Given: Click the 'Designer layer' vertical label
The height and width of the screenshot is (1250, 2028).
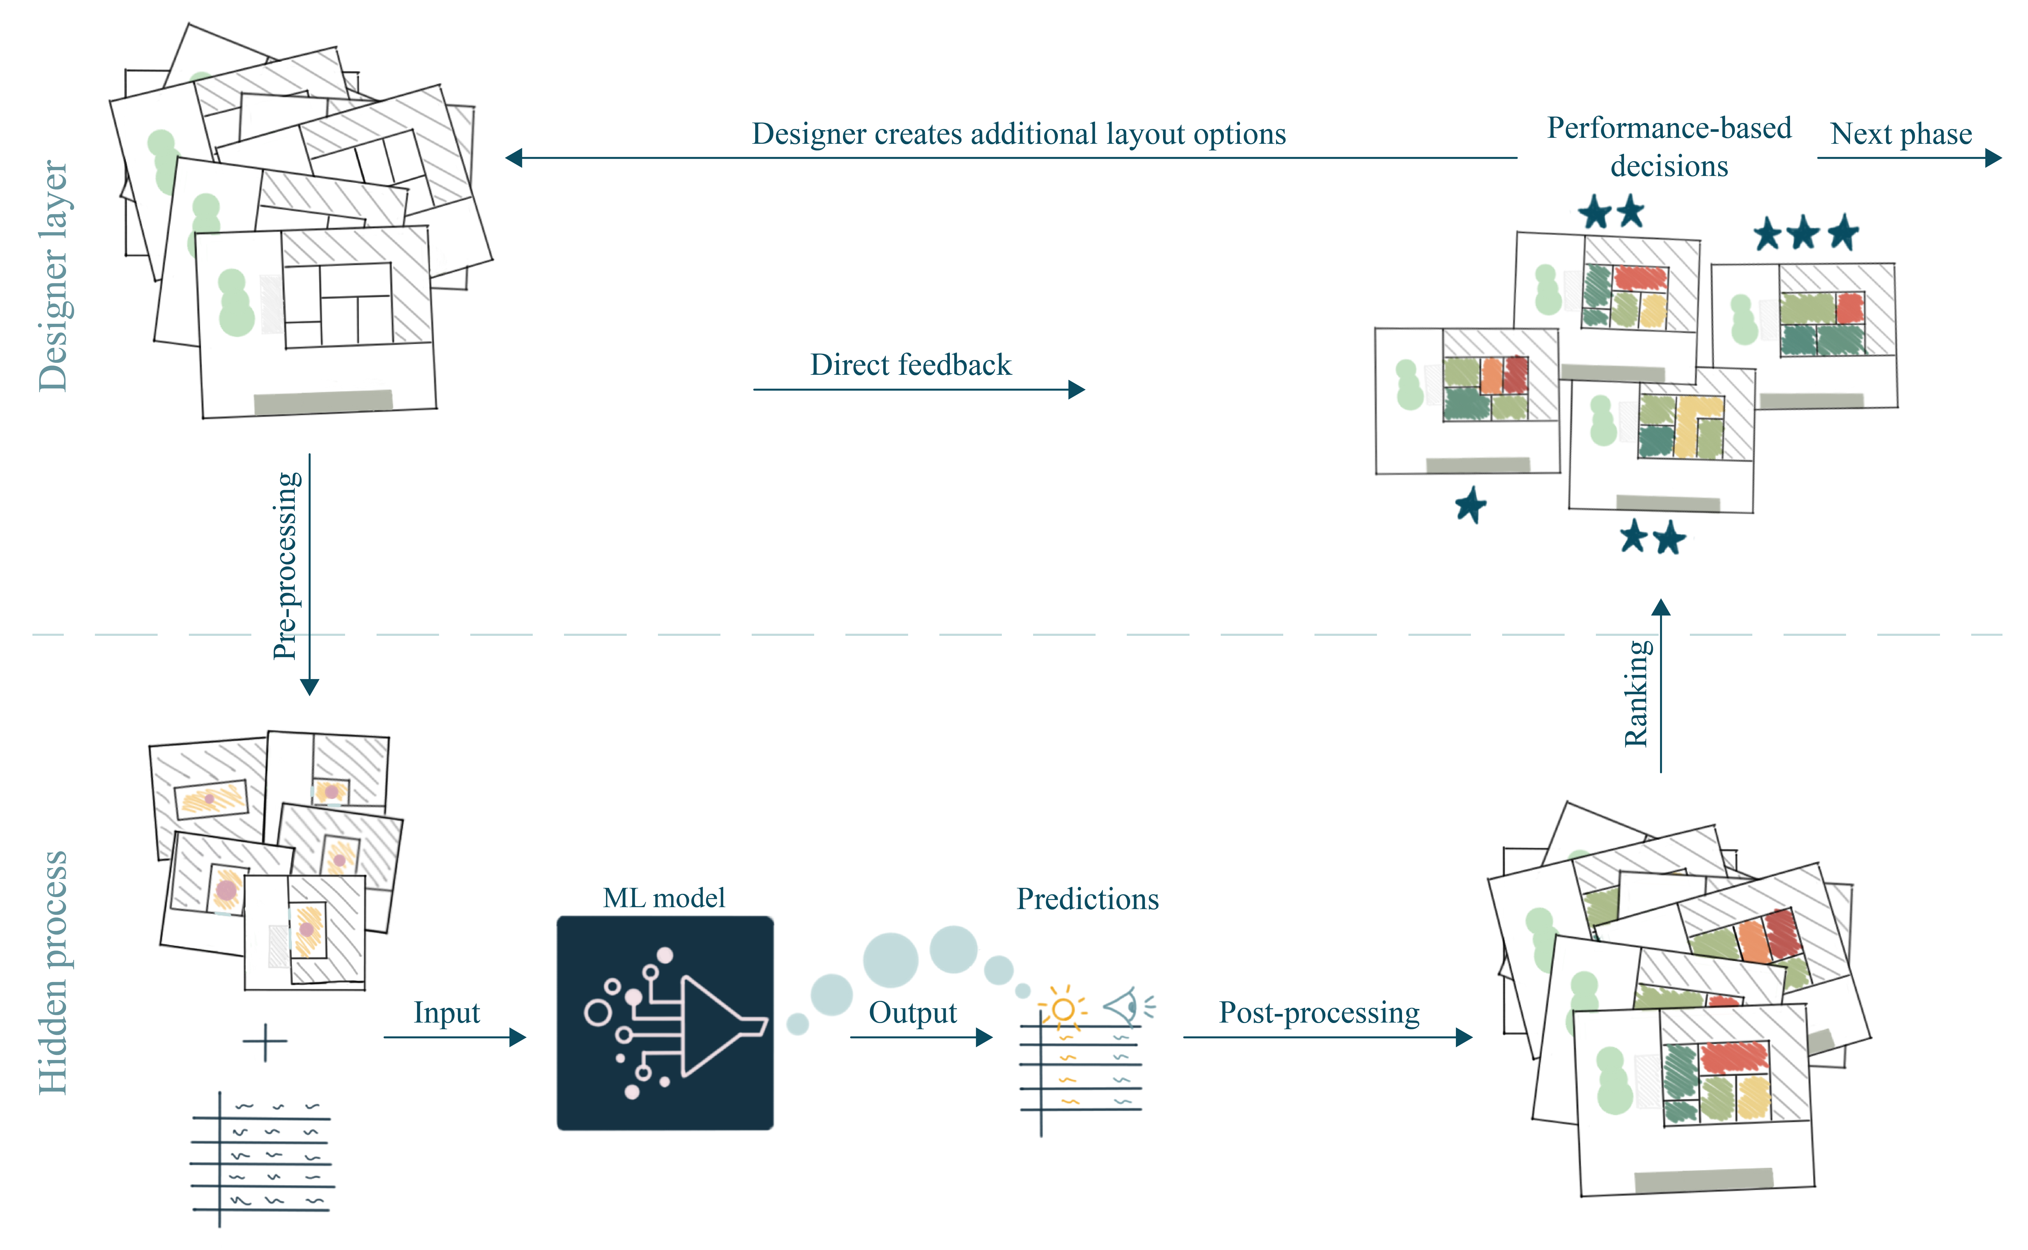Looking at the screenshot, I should coord(54,275).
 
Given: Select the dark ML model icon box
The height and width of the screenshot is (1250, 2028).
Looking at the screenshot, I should coord(665,1023).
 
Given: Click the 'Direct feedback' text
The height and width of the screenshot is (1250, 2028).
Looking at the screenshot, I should coord(910,365).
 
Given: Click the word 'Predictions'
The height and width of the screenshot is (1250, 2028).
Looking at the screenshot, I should coord(1087,899).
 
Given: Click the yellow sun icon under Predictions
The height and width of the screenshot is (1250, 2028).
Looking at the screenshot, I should coord(1063,1008).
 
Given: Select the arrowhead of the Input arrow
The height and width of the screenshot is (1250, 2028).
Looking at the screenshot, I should coord(518,1038).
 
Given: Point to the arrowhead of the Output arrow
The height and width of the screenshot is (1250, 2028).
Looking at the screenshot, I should coord(985,1038).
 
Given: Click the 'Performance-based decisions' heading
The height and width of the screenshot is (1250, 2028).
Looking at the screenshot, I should coord(1669,146).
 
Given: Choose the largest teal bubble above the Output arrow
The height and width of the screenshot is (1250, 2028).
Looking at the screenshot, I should coord(890,960).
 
